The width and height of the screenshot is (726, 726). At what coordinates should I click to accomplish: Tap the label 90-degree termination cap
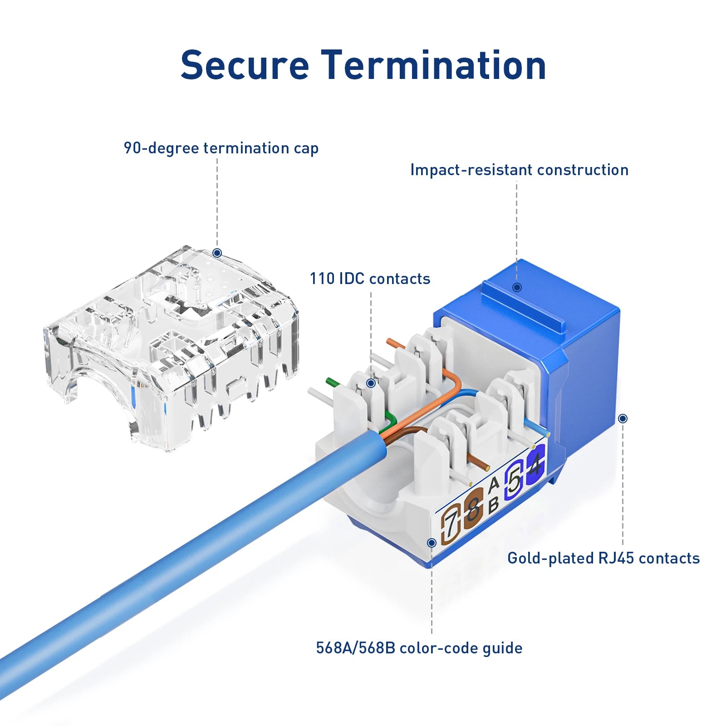[x=221, y=148]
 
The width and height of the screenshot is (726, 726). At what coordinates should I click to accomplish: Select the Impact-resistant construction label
[x=519, y=170]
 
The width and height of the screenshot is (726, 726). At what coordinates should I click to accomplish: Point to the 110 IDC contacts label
[x=370, y=279]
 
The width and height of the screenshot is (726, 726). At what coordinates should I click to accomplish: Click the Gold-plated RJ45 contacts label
[x=603, y=558]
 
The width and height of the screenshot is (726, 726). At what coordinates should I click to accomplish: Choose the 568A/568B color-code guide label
[x=419, y=648]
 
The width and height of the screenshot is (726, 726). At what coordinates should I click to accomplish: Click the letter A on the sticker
[x=494, y=484]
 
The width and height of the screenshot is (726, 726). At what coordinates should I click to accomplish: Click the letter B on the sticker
[x=494, y=504]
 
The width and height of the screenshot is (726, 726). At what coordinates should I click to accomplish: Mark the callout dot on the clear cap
[x=217, y=253]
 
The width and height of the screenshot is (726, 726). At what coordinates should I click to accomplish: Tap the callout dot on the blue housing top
[x=517, y=287]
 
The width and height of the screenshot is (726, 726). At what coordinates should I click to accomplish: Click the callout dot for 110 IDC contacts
[x=371, y=383]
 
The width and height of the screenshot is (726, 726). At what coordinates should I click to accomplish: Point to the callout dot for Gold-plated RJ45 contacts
[x=623, y=418]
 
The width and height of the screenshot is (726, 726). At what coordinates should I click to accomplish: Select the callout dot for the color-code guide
[x=432, y=543]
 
